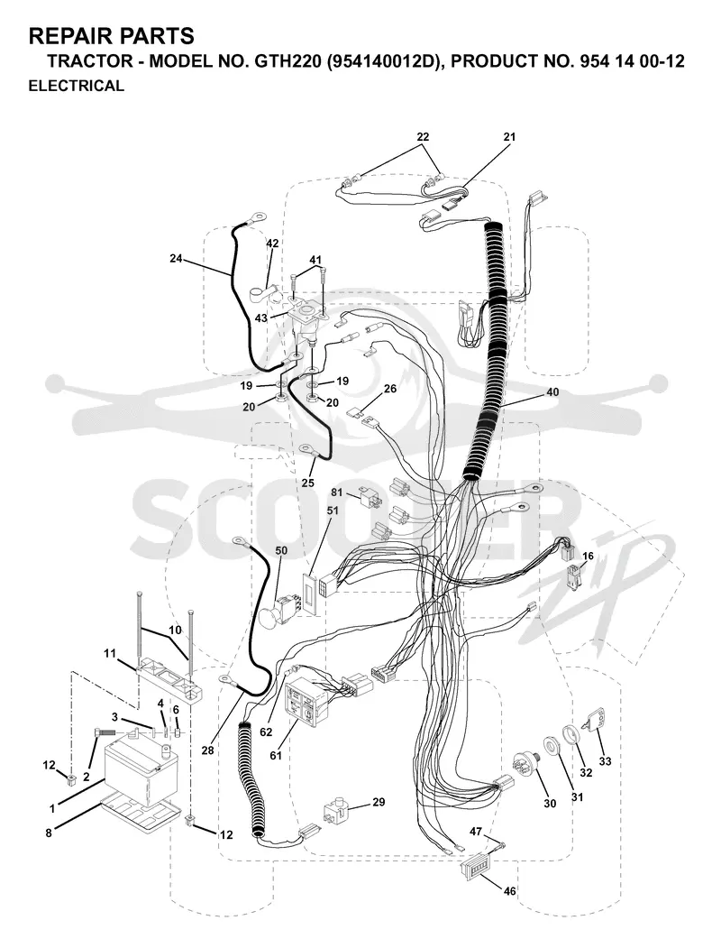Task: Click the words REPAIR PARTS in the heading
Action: click(112, 36)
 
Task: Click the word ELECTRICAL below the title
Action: click(76, 86)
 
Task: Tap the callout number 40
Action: click(552, 392)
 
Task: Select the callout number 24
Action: click(176, 259)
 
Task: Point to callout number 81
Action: click(336, 492)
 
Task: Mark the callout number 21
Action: click(509, 137)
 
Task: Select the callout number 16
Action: click(588, 557)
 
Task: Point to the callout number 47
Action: click(476, 832)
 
